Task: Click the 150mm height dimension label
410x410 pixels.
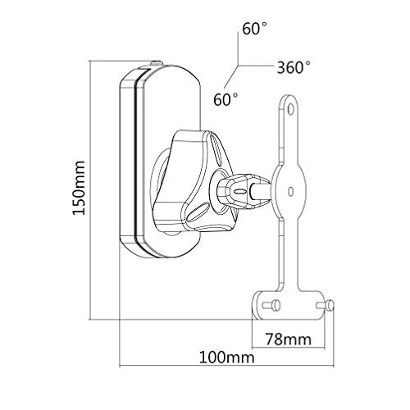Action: point(79,188)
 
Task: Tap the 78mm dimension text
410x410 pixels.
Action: point(289,339)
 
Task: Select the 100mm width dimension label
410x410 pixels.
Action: point(226,358)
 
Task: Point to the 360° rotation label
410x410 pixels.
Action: point(294,67)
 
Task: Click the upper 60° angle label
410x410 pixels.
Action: point(254,29)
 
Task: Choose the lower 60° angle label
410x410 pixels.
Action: point(225,99)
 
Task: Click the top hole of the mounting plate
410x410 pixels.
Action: point(291,109)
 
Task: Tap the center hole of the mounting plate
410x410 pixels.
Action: point(291,191)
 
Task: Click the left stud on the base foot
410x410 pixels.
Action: point(271,305)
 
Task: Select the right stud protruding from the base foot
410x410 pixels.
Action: point(325,305)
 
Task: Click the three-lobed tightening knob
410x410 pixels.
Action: point(193,181)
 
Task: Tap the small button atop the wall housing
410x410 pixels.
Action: point(157,63)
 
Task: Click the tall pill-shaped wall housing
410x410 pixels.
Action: point(161,162)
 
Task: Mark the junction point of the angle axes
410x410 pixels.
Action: point(238,66)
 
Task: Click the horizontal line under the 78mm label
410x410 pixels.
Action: point(289,348)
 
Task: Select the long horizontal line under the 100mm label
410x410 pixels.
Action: point(226,365)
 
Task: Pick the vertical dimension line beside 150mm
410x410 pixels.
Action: point(90,190)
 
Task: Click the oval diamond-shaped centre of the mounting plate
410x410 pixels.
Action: point(289,191)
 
